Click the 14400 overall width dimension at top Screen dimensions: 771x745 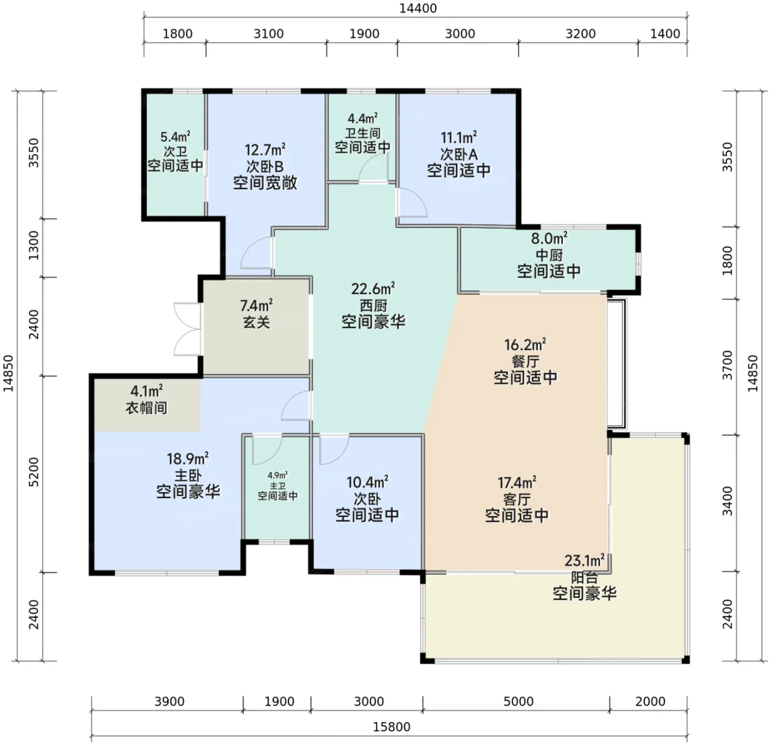(x=417, y=8)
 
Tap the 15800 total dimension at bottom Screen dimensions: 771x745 (x=392, y=727)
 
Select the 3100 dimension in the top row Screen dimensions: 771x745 (x=269, y=34)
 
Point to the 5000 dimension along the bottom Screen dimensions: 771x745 (x=518, y=702)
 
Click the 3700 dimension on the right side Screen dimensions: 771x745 (x=728, y=365)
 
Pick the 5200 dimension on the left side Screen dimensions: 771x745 (x=34, y=472)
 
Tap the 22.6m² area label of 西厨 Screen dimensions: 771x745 (x=373, y=289)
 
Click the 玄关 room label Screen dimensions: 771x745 (x=256, y=322)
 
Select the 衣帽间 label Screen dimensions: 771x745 (x=146, y=407)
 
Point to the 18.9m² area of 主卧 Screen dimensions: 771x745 (x=187, y=458)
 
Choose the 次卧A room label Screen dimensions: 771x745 (x=459, y=154)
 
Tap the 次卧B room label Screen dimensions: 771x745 (x=265, y=166)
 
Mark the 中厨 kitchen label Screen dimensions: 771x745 (x=549, y=255)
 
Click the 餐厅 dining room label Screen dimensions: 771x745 (x=525, y=361)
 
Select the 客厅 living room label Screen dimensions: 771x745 (x=517, y=499)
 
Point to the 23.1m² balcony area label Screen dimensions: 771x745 (x=584, y=561)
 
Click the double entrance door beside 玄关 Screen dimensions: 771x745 (x=187, y=329)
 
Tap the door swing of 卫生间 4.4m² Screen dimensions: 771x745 (x=373, y=168)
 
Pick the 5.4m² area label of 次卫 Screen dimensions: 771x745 (x=175, y=137)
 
